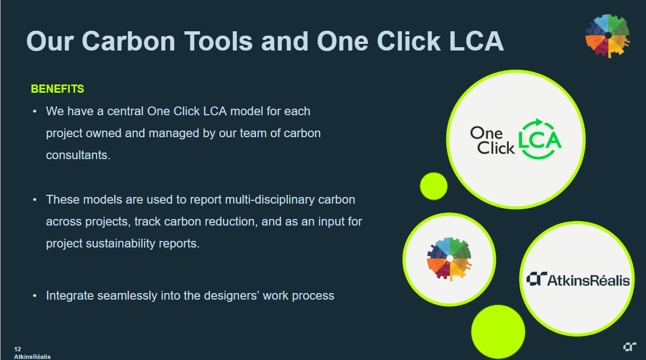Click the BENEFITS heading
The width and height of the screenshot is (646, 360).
coord(57,89)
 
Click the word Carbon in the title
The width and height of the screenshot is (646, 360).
coord(128,42)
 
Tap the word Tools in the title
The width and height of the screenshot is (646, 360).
coord(218,42)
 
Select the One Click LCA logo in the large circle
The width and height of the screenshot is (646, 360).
coord(515,139)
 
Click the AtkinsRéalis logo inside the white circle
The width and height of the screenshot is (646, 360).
coord(578,279)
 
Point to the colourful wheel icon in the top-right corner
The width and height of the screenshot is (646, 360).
coord(608,36)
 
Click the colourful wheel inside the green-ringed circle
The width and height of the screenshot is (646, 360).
coord(450,258)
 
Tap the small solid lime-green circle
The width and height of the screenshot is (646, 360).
coord(433,186)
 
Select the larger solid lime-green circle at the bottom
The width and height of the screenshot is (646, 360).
coord(498,331)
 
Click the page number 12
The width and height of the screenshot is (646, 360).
coord(18,349)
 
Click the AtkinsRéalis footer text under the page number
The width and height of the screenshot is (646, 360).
coord(32,357)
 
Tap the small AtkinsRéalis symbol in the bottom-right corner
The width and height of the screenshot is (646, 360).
coord(630,347)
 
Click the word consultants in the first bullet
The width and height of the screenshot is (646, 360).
coord(78,155)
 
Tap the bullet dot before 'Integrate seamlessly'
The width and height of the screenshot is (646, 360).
coord(35,296)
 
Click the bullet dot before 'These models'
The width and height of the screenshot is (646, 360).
coord(35,200)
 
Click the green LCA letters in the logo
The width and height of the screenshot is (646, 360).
coord(540,140)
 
